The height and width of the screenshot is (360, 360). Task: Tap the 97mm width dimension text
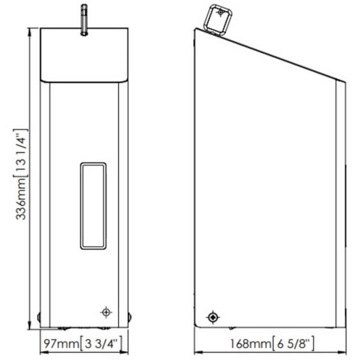[x=61, y=344]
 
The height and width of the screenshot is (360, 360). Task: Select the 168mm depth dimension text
[x=250, y=344]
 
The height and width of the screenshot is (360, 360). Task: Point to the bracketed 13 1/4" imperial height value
[x=21, y=153]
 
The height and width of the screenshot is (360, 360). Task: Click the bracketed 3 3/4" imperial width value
[x=101, y=344]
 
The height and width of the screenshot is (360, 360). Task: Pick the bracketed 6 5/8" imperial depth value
[x=293, y=344]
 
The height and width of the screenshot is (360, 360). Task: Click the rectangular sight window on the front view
[x=93, y=206]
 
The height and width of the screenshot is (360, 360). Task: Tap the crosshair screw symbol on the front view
[x=106, y=312]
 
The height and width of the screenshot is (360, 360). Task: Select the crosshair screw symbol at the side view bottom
[x=213, y=318]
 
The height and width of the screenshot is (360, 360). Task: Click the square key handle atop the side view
[x=217, y=20]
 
